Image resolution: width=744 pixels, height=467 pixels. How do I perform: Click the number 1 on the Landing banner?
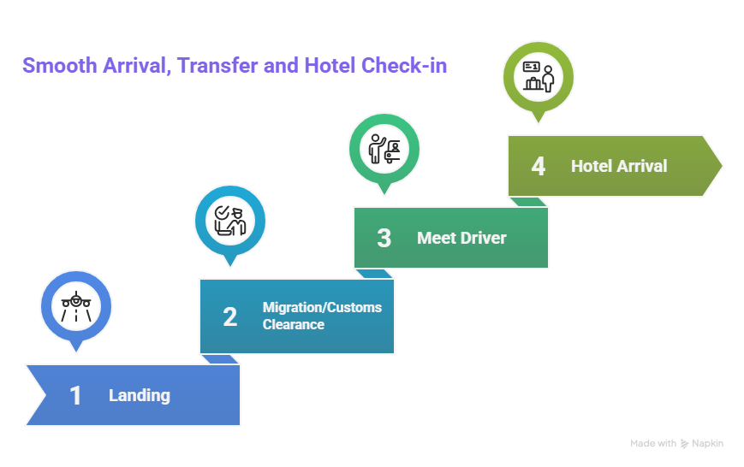75,395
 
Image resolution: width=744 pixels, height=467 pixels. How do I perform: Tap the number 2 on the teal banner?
230,316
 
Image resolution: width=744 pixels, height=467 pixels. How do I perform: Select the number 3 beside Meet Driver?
384,238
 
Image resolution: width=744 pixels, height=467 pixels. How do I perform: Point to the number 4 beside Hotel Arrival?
538,166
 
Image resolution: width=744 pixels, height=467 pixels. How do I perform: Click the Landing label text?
140,395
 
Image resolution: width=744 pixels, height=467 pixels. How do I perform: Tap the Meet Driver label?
461,238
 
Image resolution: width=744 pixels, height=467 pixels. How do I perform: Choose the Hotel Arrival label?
619,166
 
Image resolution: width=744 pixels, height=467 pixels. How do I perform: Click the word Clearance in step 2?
294,325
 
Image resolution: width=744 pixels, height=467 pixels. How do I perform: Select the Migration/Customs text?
322,308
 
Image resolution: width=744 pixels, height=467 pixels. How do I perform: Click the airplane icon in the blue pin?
76,306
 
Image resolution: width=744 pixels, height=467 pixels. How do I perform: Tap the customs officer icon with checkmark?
230,221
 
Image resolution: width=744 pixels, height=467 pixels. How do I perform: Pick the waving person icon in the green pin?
384,149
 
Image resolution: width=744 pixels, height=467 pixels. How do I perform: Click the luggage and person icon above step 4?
539,76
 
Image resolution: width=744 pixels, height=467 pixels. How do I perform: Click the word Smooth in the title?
60,65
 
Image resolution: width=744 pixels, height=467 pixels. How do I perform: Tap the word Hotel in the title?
330,65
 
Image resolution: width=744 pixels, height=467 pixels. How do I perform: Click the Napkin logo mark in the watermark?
684,444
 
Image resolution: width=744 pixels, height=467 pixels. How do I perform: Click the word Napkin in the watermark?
707,443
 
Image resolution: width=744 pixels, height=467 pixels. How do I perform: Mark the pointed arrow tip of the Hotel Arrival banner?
721,166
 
